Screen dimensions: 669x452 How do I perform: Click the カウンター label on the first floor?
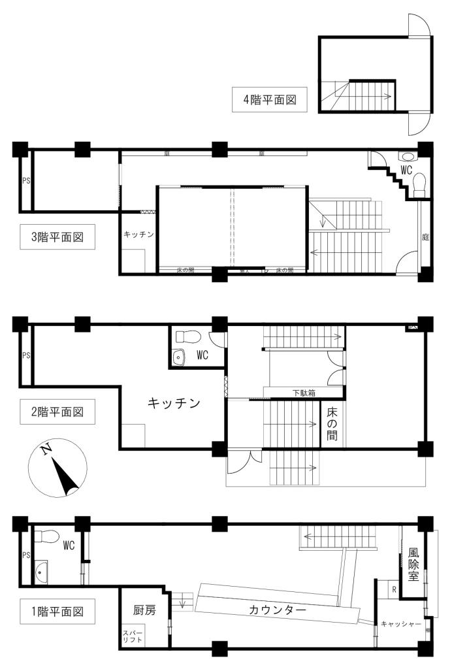point(278,610)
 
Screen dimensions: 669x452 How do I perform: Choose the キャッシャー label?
point(401,625)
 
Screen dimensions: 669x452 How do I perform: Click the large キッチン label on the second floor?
point(174,404)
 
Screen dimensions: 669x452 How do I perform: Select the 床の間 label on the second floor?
point(332,423)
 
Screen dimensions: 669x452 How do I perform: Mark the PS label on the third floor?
point(26,181)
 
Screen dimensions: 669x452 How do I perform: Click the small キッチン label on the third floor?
point(138,235)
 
